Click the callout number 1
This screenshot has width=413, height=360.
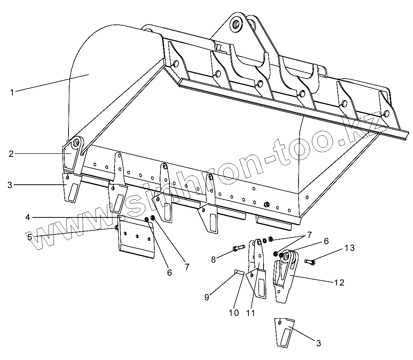click(x=12, y=92)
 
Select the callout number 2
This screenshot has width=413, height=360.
click(x=11, y=154)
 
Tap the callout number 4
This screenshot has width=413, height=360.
click(x=28, y=217)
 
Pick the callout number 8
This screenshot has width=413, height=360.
click(x=213, y=259)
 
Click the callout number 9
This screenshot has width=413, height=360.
click(x=207, y=297)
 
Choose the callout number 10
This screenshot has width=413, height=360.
click(x=234, y=312)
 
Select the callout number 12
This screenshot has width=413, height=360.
click(x=339, y=283)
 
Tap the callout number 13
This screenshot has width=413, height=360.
click(x=349, y=248)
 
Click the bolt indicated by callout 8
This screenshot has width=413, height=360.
click(x=238, y=248)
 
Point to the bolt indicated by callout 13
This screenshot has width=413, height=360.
click(x=310, y=261)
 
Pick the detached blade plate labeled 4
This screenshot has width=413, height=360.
click(x=136, y=238)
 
